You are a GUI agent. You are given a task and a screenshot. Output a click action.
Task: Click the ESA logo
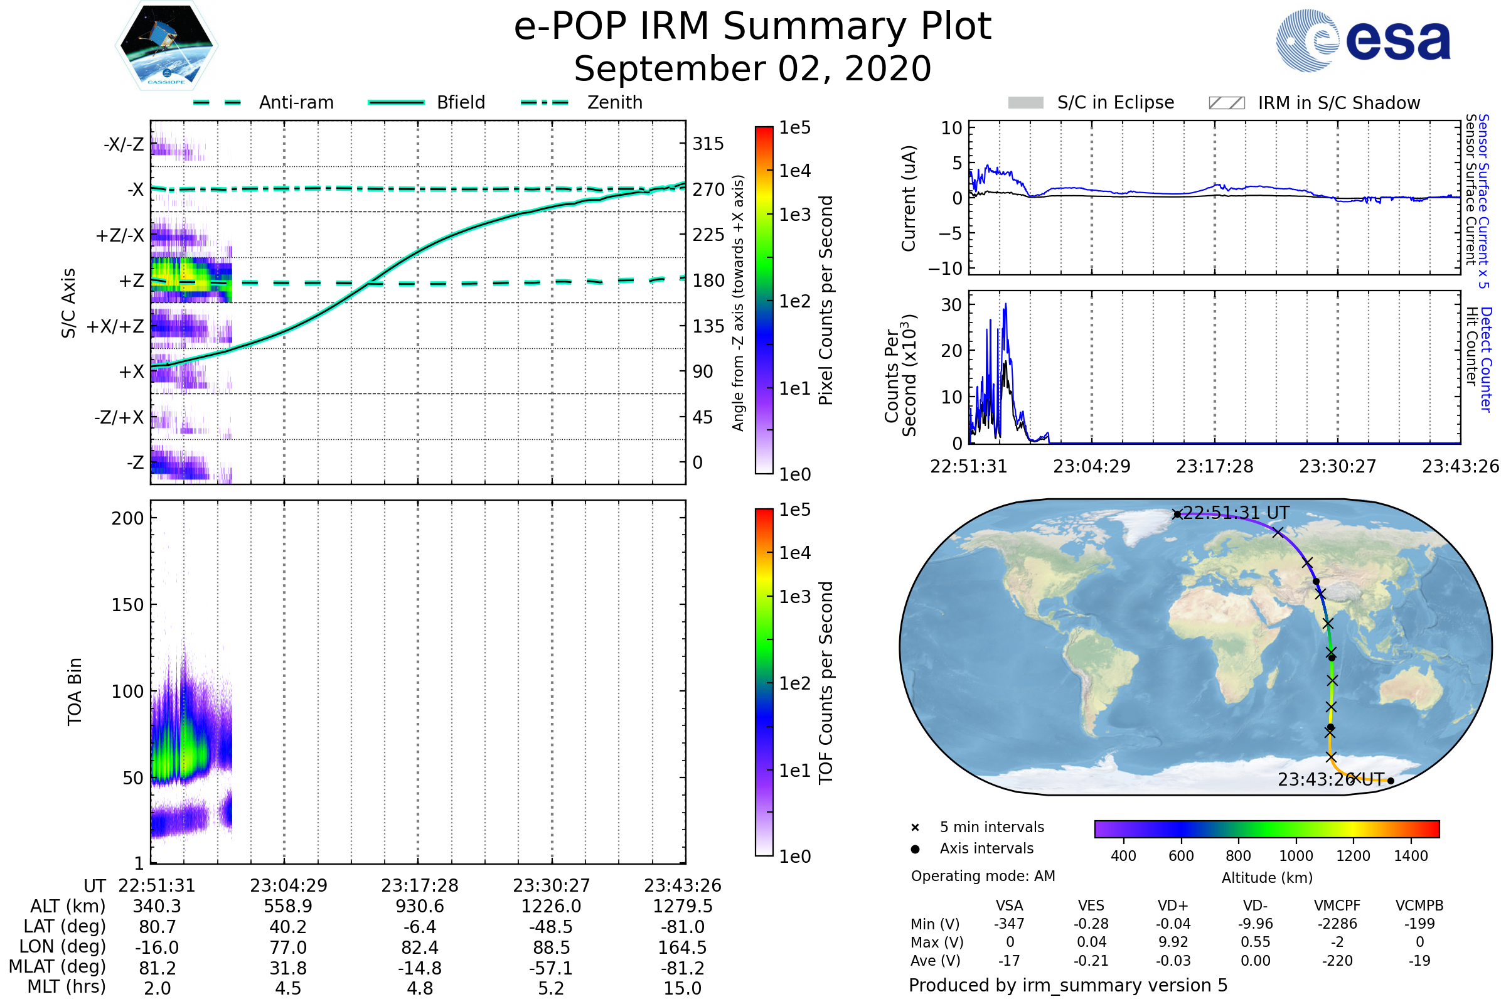(1364, 40)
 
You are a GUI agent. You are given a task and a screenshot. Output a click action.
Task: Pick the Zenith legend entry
(614, 102)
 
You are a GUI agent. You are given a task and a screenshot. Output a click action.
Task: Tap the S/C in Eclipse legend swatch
(1025, 103)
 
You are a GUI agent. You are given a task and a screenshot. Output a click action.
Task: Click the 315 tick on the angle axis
(708, 144)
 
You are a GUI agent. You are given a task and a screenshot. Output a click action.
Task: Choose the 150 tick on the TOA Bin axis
(127, 605)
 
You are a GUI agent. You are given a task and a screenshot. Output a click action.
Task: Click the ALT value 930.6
(419, 906)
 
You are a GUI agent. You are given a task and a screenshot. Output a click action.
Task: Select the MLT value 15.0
(682, 988)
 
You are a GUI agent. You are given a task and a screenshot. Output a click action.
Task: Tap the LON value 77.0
(288, 947)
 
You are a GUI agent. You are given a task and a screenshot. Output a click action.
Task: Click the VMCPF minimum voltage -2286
(1337, 924)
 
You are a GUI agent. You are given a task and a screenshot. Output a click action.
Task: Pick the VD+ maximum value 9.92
(1173, 942)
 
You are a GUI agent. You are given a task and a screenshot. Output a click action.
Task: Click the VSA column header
(1009, 905)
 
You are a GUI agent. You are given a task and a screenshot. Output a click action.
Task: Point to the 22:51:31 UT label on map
(1235, 513)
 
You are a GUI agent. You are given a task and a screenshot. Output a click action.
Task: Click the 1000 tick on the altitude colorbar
(1295, 856)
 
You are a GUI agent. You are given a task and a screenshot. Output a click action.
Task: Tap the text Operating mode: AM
(983, 876)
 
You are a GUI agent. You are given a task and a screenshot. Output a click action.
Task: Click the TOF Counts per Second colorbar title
(826, 683)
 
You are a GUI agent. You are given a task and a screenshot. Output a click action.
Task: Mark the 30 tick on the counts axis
(951, 305)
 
